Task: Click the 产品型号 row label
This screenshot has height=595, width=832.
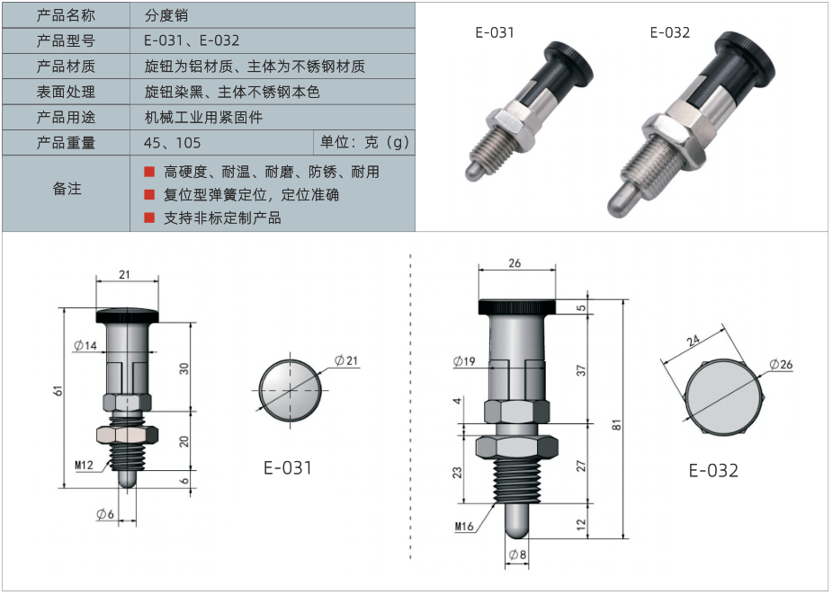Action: pyautogui.click(x=66, y=40)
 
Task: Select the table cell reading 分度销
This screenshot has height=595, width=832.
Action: pyautogui.click(x=166, y=15)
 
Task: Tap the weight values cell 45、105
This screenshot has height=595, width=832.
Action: pyautogui.click(x=172, y=143)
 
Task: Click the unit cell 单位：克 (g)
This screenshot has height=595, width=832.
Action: pyautogui.click(x=364, y=142)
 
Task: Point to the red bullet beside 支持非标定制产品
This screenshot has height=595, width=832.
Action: pyautogui.click(x=149, y=218)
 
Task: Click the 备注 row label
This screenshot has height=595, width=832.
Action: pyautogui.click(x=67, y=189)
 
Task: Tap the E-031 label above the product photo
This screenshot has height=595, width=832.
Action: pyautogui.click(x=495, y=33)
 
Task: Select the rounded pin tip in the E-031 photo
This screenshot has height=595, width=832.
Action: pyautogui.click(x=474, y=171)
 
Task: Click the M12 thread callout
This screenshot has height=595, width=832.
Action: pyautogui.click(x=84, y=465)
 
